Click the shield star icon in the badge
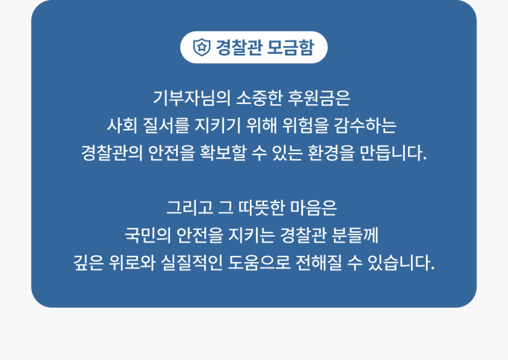tap(202, 47)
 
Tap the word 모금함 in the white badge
tap(291, 48)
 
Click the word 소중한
tap(259, 98)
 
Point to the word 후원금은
tap(320, 98)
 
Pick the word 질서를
tap(166, 125)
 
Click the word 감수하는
tap(365, 125)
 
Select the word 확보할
tap(223, 153)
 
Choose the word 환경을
tap(331, 153)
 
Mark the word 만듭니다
tap(393, 153)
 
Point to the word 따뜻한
tap(262, 208)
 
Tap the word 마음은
tap(313, 208)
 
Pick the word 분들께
tap(355, 235)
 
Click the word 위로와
tap(132, 263)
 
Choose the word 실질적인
tap(192, 263)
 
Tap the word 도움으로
tap(259, 263)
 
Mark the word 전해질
tap(319, 263)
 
